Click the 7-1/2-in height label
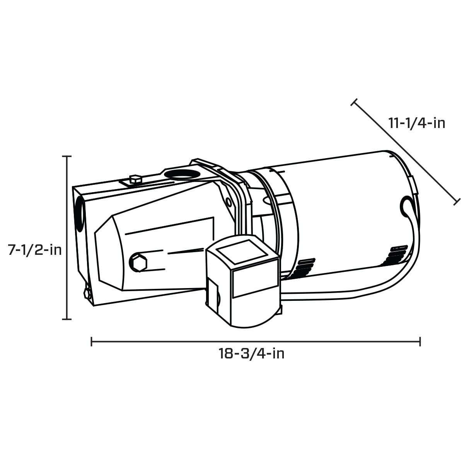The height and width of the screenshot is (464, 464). click(x=35, y=250)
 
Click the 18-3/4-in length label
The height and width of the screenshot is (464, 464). click(x=251, y=353)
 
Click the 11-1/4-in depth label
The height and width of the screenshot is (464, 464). click(x=417, y=123)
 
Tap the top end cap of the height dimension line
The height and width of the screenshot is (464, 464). click(x=67, y=157)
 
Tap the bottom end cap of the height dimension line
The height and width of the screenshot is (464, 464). click(x=67, y=319)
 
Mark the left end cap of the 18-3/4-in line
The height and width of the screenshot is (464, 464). click(x=92, y=341)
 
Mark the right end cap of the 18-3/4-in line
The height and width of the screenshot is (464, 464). click(x=420, y=341)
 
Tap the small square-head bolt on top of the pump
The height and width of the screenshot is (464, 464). click(x=135, y=179)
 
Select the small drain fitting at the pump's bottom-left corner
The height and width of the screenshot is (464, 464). click(x=87, y=293)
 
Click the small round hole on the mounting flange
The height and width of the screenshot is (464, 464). click(x=229, y=202)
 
